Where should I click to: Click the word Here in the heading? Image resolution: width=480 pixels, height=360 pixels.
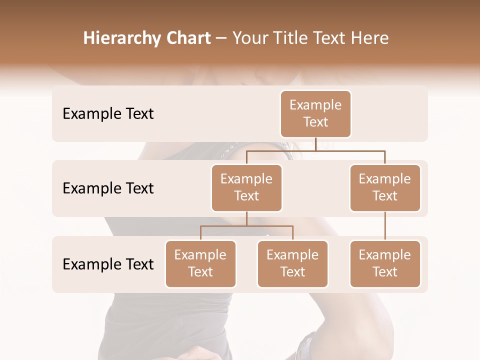(370, 38)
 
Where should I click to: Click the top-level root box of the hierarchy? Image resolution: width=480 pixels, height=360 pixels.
(315, 114)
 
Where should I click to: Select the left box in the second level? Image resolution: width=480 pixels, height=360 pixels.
(246, 188)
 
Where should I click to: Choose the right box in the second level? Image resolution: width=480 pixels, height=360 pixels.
(385, 188)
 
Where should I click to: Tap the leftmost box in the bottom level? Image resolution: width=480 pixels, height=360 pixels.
(200, 264)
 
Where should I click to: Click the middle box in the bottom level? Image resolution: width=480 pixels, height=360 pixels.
(292, 264)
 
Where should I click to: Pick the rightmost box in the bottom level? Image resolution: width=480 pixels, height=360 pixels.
(385, 264)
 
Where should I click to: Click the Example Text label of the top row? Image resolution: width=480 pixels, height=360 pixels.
(108, 114)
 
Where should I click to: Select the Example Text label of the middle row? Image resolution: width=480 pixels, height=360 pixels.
(108, 188)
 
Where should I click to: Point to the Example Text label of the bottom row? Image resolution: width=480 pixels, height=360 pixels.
(108, 264)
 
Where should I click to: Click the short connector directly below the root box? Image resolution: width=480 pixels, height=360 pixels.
(315, 144)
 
